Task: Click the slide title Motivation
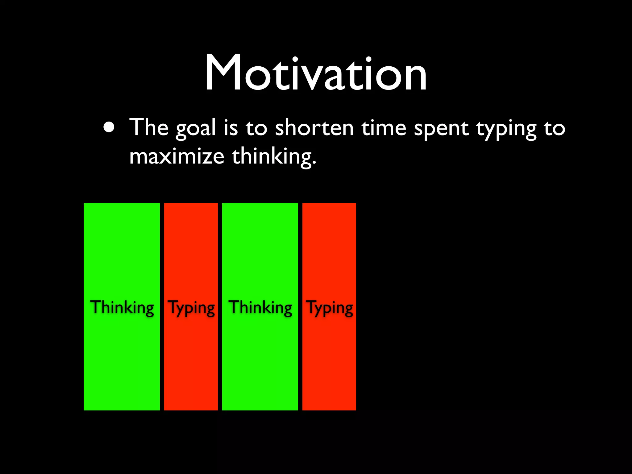316,73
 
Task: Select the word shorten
314,127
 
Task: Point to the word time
384,127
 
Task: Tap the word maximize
177,156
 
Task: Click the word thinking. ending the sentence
274,157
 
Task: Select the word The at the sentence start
149,127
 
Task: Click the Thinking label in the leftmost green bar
122,307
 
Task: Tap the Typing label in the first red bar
191,308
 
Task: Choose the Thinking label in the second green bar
260,307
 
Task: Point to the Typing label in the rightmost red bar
329,308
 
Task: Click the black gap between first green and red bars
162,306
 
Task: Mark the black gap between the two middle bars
220,306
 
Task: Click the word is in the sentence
231,127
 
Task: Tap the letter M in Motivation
223,73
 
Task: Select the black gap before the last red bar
300,306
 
